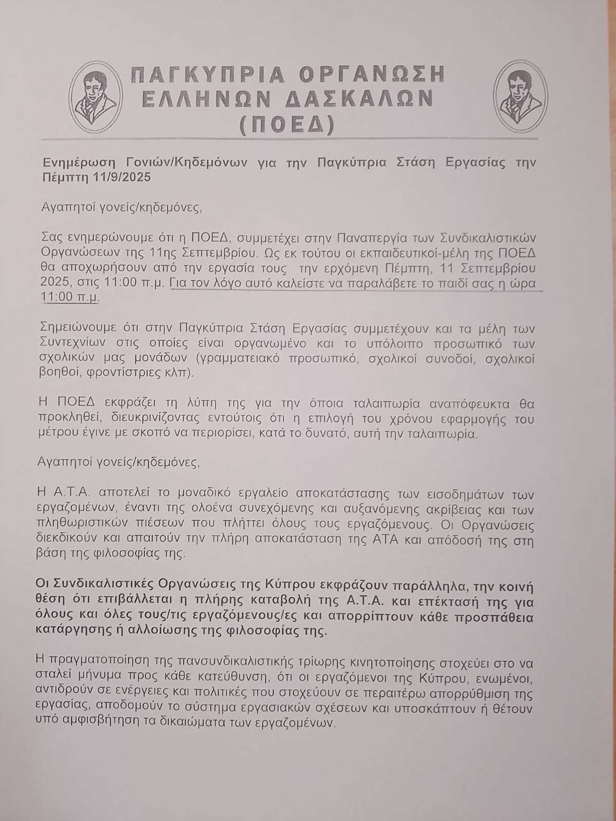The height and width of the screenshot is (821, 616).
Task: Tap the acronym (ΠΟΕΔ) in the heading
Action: tap(287, 124)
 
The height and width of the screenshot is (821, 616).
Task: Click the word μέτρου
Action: tap(55, 434)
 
